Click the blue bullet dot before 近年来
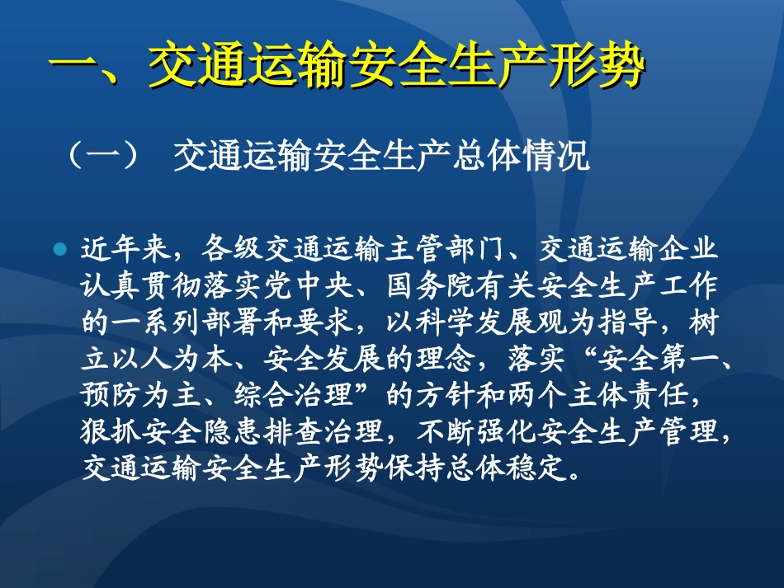pos(59,249)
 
